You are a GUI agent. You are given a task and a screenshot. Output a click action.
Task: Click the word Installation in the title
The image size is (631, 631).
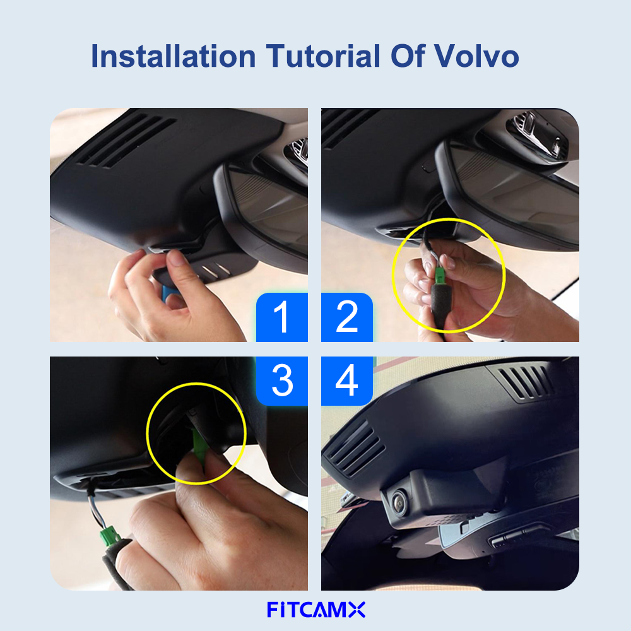(174, 56)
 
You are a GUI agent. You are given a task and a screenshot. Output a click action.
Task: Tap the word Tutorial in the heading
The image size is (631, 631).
(322, 56)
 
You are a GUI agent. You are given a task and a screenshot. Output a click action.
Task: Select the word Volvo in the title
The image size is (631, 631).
(476, 56)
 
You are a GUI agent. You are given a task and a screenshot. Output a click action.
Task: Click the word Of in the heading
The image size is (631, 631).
(407, 56)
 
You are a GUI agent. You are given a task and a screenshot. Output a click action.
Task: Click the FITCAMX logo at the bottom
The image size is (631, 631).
(316, 610)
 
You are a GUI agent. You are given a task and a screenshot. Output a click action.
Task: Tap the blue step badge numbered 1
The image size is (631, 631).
(281, 317)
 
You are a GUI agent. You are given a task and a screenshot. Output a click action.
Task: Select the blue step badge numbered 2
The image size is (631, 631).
(347, 317)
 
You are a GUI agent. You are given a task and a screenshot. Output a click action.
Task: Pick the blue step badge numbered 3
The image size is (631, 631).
(281, 380)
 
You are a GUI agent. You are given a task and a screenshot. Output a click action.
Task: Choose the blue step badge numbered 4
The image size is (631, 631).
(347, 380)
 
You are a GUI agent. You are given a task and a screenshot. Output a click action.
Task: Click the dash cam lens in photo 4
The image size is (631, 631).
(399, 502)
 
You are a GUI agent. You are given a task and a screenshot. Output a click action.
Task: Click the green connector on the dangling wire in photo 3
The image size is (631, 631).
(109, 536)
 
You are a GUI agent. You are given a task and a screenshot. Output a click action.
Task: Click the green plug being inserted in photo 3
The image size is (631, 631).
(199, 447)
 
